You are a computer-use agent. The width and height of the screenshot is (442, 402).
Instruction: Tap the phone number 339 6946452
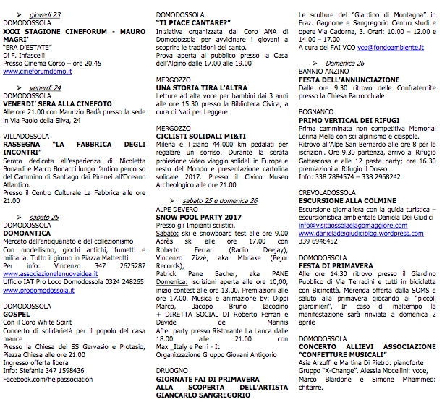pyautogui.click(x=320, y=243)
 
